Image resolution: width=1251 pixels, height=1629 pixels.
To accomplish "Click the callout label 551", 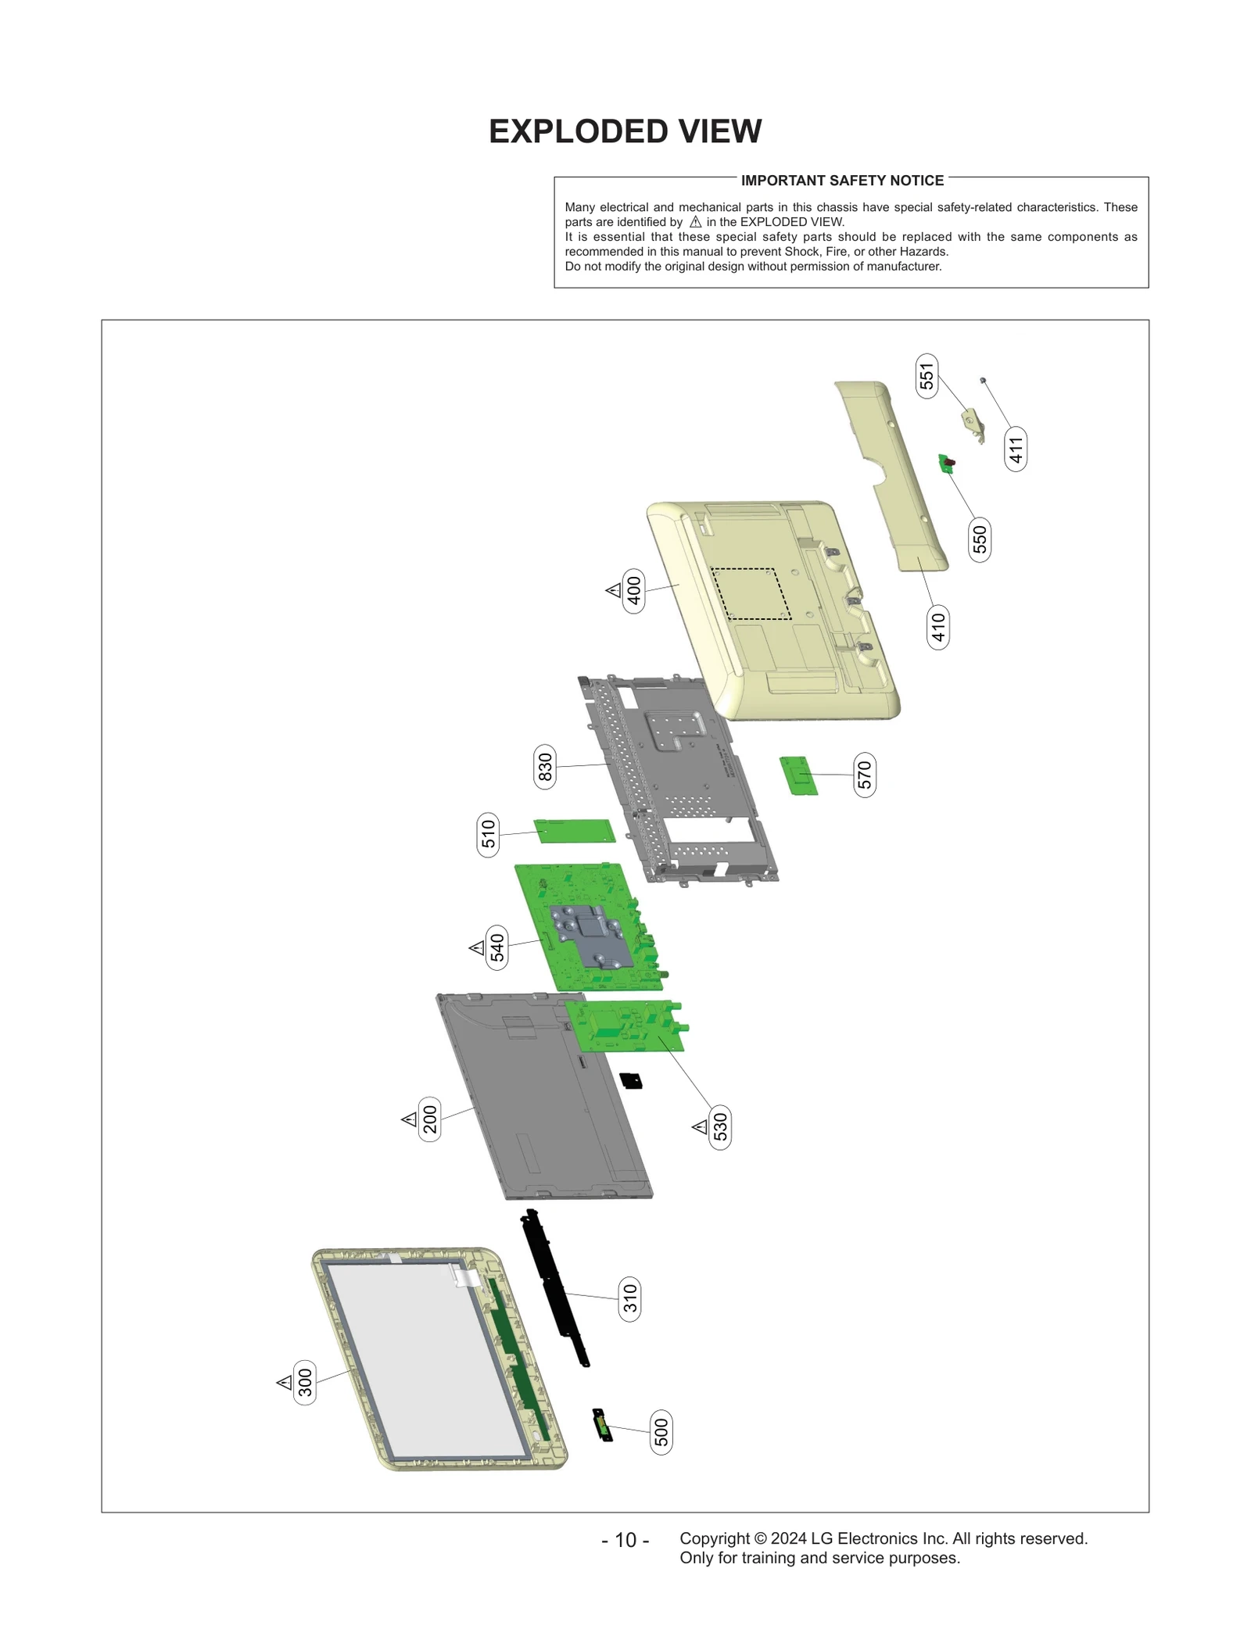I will coord(927,377).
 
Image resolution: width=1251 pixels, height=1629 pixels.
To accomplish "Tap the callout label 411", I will coord(1015,449).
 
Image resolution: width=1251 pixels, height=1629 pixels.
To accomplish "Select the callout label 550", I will coord(980,539).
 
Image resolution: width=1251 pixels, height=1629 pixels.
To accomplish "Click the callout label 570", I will coord(864,775).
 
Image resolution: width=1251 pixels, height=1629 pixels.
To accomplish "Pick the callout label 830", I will coord(545,767).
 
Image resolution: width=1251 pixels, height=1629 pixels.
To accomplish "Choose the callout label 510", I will coord(488,835).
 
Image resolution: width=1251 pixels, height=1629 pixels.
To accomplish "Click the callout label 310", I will coord(629,1299).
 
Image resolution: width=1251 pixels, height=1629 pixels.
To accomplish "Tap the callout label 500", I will coord(661,1433).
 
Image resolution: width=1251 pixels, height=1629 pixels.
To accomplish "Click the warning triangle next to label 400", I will coord(614,590).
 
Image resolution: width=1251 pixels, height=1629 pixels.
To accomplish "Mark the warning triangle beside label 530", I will coord(700,1127).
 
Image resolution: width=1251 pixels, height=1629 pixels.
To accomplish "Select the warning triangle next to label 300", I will coord(285,1382).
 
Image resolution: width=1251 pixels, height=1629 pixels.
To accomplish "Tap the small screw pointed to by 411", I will coord(983,380).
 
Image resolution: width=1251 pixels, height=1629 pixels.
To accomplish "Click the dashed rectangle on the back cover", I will coord(751,594).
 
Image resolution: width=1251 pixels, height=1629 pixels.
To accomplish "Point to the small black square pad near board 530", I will coord(631,1081).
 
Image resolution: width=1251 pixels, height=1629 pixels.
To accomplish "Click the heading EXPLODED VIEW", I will coord(625,131).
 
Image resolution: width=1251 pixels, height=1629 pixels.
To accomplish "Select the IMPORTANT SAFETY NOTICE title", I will coord(842,181).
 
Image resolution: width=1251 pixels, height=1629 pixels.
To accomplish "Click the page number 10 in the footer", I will coord(625,1540).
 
